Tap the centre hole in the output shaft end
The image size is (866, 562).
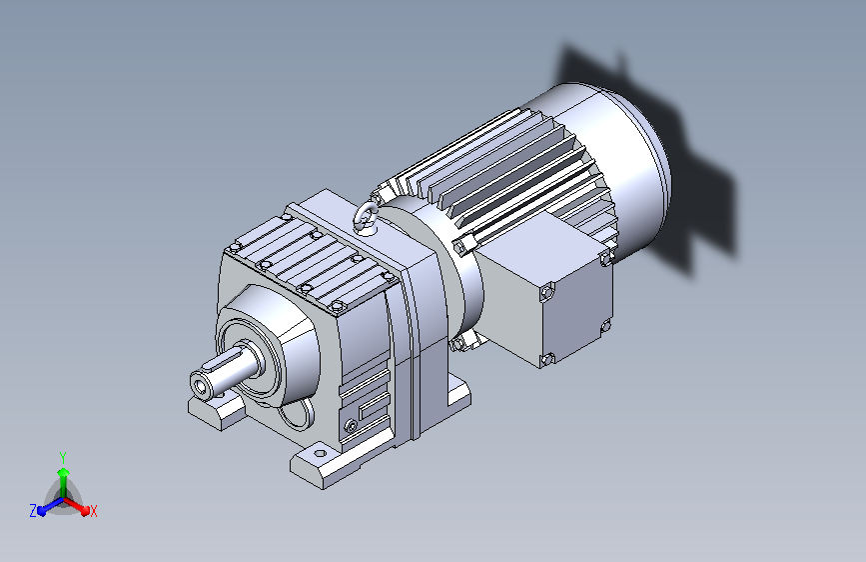tap(201, 384)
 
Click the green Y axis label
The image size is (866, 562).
tap(63, 457)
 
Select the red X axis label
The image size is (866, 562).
tap(93, 511)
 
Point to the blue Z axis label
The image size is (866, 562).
tap(33, 511)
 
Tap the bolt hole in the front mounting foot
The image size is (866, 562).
tap(320, 454)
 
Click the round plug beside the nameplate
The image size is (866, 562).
tap(351, 425)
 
